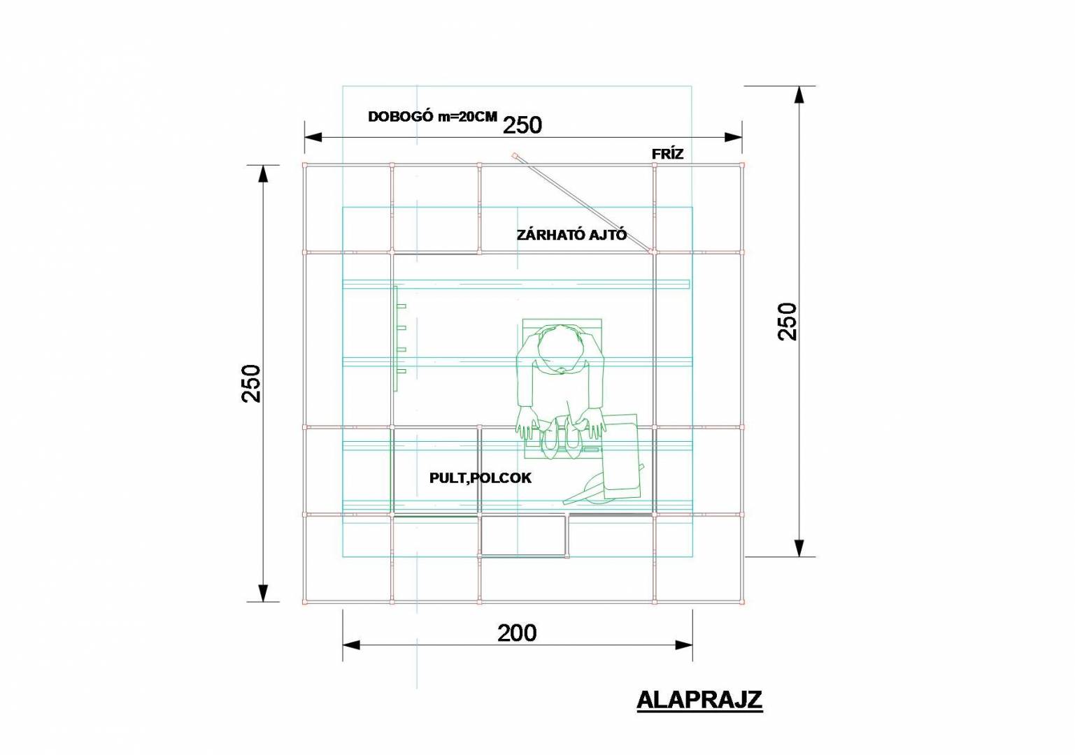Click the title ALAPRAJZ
click(699, 700)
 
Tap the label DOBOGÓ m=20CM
click(432, 117)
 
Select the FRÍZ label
click(667, 154)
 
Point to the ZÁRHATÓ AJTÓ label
click(571, 235)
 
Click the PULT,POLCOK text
click(480, 478)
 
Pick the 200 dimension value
click(517, 633)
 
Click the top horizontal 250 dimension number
click(522, 125)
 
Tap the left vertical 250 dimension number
click(251, 383)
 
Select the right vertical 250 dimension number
click(787, 322)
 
